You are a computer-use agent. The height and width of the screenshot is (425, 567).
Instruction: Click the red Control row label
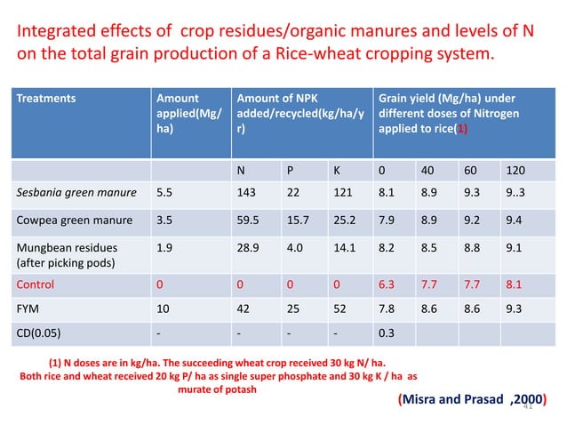pos(36,285)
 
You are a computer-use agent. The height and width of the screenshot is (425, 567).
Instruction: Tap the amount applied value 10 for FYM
pos(162,310)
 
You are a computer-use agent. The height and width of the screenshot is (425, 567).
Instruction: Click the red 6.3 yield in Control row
pos(386,285)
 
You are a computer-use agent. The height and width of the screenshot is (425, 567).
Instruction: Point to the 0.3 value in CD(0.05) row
pos(386,335)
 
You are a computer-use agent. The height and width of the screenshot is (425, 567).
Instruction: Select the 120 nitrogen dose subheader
pos(514,169)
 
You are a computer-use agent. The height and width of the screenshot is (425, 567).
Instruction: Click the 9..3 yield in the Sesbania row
pos(515,191)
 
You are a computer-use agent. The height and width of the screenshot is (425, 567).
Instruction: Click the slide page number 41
pos(527,406)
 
